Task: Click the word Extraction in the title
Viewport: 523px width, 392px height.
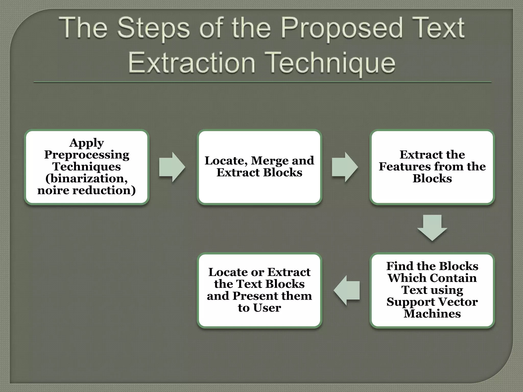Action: click(x=192, y=63)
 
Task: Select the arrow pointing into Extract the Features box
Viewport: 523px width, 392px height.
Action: click(x=344, y=167)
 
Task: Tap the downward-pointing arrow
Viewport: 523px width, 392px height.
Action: click(x=432, y=227)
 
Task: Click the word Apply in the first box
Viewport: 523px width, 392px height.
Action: click(x=87, y=143)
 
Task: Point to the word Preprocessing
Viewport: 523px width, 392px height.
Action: click(x=87, y=155)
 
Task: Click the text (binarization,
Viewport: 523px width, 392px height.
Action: click(x=87, y=178)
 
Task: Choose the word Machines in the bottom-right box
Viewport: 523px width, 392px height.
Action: click(x=432, y=314)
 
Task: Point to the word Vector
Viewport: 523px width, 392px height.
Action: click(x=457, y=302)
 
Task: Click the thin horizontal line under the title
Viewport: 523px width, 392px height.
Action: click(x=262, y=82)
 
